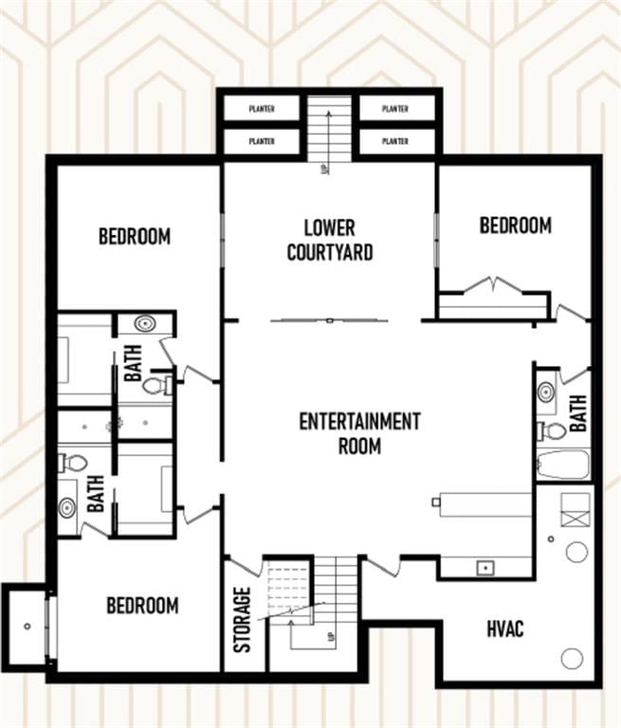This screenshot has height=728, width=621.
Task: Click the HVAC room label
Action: (505, 628)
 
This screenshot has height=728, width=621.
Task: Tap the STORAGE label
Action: (242, 620)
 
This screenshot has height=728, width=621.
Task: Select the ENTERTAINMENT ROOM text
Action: (359, 433)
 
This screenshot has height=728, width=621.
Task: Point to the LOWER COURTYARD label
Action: (330, 240)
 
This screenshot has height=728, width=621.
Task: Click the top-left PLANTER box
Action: (262, 109)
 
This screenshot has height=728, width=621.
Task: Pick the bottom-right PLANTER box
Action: (395, 140)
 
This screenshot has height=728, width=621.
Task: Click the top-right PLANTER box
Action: (395, 109)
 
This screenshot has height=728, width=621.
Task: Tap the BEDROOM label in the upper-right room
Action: (516, 226)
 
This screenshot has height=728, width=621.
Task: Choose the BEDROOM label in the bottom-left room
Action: (142, 606)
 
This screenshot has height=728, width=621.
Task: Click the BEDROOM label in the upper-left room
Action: (135, 236)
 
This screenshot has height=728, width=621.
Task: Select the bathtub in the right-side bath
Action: (563, 464)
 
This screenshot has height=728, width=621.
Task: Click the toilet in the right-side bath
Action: (552, 430)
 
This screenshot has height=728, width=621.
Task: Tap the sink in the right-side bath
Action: (547, 392)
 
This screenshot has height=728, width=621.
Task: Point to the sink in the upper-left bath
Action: (145, 323)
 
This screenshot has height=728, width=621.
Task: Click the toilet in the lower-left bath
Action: (73, 463)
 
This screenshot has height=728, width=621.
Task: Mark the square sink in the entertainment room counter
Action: (485, 568)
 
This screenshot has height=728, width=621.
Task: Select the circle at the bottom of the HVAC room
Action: (572, 659)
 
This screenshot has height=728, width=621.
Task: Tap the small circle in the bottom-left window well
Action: (27, 627)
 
